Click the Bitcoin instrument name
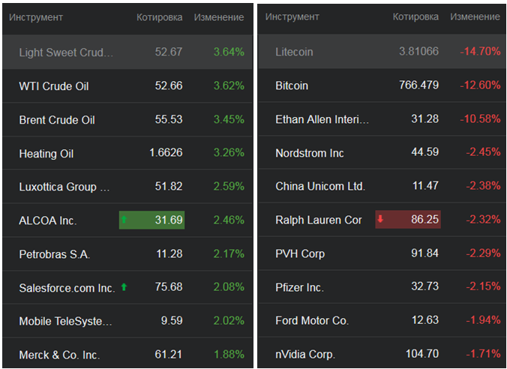(x=292, y=85)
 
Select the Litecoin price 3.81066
(x=419, y=52)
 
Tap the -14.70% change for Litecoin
(x=480, y=52)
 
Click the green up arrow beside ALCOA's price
(x=124, y=220)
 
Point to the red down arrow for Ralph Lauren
(x=380, y=220)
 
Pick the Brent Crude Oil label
(x=57, y=120)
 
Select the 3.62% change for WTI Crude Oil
(x=229, y=86)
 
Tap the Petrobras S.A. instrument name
(x=55, y=254)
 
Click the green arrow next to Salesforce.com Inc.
(x=123, y=287)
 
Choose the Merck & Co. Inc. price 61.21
(x=166, y=355)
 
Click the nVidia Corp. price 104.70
(x=421, y=354)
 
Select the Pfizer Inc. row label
(x=300, y=287)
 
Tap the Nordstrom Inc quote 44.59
(x=424, y=153)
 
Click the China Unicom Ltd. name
(x=320, y=186)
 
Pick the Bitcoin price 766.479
(x=418, y=85)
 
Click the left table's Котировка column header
(x=160, y=17)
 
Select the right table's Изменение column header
(x=475, y=17)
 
